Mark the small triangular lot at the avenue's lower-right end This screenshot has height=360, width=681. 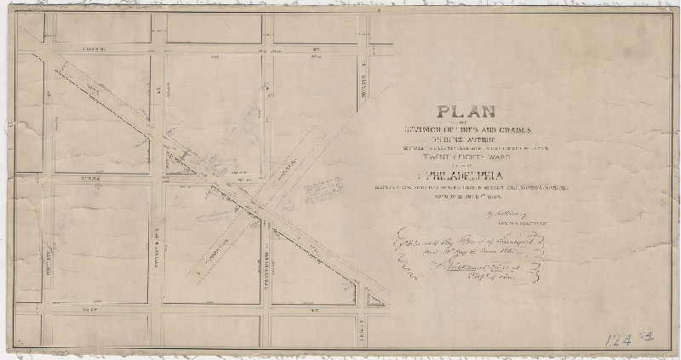(374, 298)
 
